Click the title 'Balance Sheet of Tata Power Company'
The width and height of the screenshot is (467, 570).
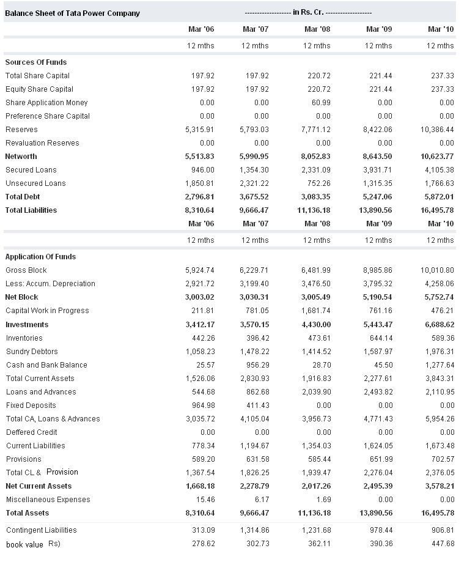(x=72, y=13)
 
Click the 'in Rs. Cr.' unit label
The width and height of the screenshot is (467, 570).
(x=308, y=12)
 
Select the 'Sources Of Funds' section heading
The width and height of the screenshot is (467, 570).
(x=36, y=62)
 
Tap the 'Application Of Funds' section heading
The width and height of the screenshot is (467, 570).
(x=40, y=257)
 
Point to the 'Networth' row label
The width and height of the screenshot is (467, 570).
(x=21, y=157)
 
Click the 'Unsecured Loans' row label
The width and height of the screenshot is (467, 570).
(x=35, y=183)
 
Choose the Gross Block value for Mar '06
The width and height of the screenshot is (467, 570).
(x=200, y=270)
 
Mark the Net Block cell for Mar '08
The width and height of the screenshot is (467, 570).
(x=316, y=297)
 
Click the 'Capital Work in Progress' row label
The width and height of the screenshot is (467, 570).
(x=47, y=311)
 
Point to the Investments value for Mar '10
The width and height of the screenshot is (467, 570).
(x=438, y=325)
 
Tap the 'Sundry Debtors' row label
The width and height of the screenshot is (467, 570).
(x=32, y=352)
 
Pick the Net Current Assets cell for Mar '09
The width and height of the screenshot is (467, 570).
(x=377, y=486)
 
